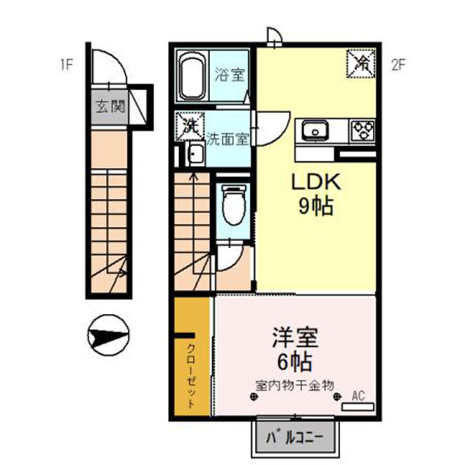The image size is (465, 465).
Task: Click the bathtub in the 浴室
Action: pos(192,76)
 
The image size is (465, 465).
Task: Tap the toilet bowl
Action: pos(234,205)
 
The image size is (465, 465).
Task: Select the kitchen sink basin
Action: pos(315,131)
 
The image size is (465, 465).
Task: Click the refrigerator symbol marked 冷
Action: pos(361,64)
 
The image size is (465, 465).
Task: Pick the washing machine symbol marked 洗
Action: pos(190,126)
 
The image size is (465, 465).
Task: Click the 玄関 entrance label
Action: pos(110,107)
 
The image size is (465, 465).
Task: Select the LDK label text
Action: pos(316,182)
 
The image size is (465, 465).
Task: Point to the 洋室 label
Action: pos(295,337)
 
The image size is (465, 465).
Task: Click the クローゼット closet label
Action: pos(192,376)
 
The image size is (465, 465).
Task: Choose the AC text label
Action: pos(358,395)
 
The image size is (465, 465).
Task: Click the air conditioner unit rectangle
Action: pos(358,407)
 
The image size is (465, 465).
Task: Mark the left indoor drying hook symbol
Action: pos(253,397)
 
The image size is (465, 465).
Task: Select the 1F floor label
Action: pos(67,65)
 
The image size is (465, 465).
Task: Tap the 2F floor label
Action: pos(398,65)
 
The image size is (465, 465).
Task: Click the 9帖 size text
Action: pos(316,206)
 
